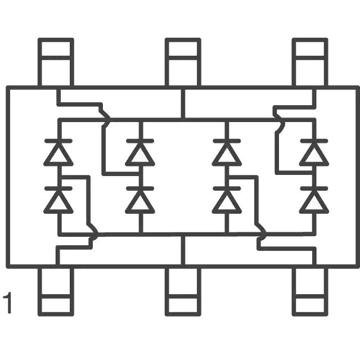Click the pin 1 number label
coord(7,303)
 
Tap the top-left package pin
coord(56,62)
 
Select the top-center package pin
coord(183,62)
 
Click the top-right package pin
coord(310,62)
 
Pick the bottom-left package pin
coord(56,291)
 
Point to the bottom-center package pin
coord(183,291)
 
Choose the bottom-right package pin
coord(310,291)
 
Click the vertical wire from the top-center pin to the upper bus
coord(183,103)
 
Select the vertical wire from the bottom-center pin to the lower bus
coord(183,250)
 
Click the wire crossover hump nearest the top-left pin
coord(106,119)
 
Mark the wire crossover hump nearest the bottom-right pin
coord(262,234)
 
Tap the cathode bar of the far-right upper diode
coord(314,141)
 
